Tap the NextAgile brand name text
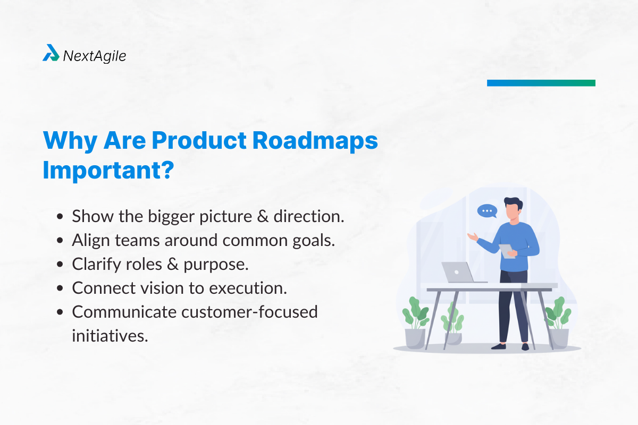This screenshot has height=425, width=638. (95, 55)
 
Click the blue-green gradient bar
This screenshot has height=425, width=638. (541, 83)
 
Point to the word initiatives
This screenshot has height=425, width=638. (110, 335)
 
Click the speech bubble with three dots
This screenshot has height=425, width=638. (486, 211)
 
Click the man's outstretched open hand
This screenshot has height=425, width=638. (472, 236)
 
